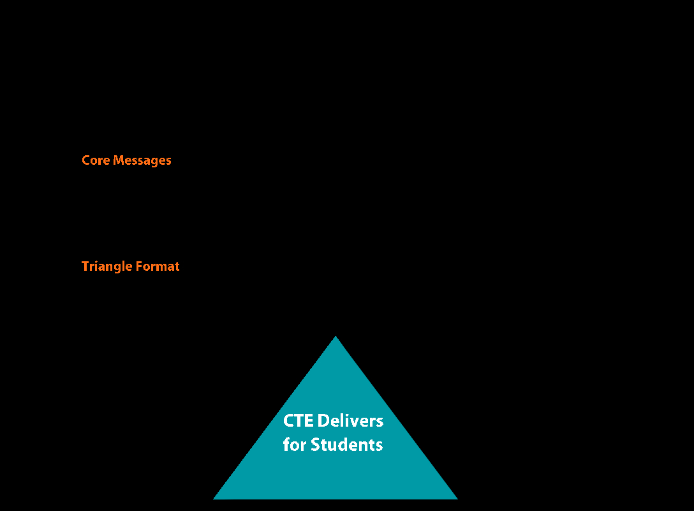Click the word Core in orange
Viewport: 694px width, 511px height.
click(x=96, y=160)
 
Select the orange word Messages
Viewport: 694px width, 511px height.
click(x=142, y=161)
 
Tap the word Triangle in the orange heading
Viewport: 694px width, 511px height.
click(x=107, y=266)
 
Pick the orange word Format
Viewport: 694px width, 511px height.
click(x=158, y=266)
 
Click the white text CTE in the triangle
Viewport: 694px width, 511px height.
click(x=299, y=420)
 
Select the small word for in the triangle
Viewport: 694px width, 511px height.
click(x=294, y=445)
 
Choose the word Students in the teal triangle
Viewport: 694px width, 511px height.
click(x=346, y=445)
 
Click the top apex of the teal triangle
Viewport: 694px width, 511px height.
click(x=336, y=337)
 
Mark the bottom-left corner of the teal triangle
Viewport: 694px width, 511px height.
click(x=214, y=499)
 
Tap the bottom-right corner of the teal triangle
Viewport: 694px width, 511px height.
click(x=457, y=499)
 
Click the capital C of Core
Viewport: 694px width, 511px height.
click(x=86, y=160)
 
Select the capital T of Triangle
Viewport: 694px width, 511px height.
click(x=86, y=266)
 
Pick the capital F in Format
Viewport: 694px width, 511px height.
click(x=140, y=266)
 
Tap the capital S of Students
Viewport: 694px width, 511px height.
click(x=315, y=445)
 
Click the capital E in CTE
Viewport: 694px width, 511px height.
click(x=309, y=421)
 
